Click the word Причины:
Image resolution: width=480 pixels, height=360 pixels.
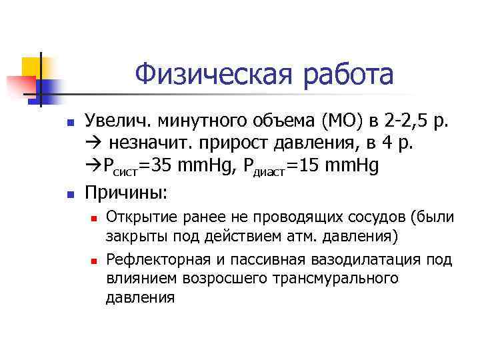[x=127, y=193]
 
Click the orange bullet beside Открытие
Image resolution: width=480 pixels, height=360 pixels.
[x=94, y=219]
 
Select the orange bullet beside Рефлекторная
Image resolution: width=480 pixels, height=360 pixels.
[x=94, y=260]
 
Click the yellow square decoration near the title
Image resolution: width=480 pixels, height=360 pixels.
[x=32, y=67]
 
